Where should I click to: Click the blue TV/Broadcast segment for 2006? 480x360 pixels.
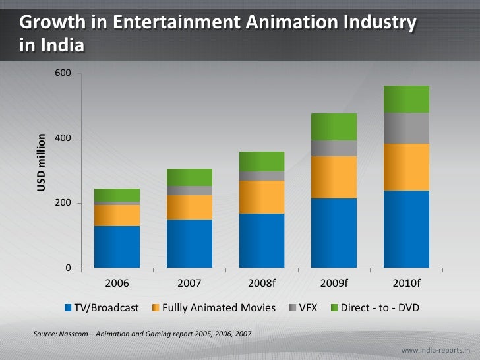[x=117, y=247]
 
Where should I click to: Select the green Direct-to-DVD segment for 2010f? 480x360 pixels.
[x=406, y=99]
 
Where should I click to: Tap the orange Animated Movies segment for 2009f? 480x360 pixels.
[x=334, y=177]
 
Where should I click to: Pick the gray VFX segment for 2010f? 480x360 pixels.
[x=406, y=128]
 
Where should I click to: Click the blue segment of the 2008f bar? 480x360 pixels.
[x=262, y=240]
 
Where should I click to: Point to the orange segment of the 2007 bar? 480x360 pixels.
[x=189, y=207]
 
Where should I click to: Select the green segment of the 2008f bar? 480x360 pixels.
[x=262, y=161]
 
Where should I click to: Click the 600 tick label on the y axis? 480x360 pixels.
[x=63, y=73]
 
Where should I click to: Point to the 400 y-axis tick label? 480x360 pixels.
[x=63, y=138]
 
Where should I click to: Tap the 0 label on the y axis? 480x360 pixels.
[x=67, y=268]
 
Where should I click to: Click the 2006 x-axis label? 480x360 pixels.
[x=117, y=284]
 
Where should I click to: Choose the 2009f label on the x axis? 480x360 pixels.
[x=334, y=284]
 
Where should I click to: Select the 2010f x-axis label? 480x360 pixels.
[x=406, y=284]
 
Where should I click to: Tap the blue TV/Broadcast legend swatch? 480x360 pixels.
[x=68, y=308]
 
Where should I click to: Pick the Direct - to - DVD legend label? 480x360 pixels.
[x=380, y=307]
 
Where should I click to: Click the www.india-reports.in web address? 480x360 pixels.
[x=439, y=347]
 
